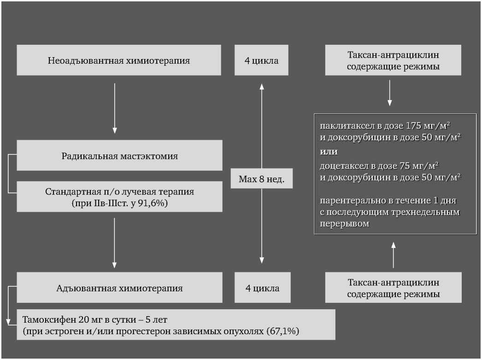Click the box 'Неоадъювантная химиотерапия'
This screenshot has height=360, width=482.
tap(119, 60)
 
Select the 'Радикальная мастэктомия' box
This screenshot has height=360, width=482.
tap(119, 156)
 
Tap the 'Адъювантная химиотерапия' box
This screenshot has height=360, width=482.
tap(119, 288)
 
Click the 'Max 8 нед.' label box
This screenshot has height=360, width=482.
tap(261, 179)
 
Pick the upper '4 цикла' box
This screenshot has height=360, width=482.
tap(261, 60)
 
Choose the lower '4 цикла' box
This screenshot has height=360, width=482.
tap(262, 288)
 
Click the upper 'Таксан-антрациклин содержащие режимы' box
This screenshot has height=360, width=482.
tap(393, 60)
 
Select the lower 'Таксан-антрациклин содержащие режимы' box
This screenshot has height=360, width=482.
tap(393, 288)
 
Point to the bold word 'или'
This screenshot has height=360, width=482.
tap(329, 152)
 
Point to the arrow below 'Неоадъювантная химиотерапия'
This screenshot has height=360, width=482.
tap(115, 108)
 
